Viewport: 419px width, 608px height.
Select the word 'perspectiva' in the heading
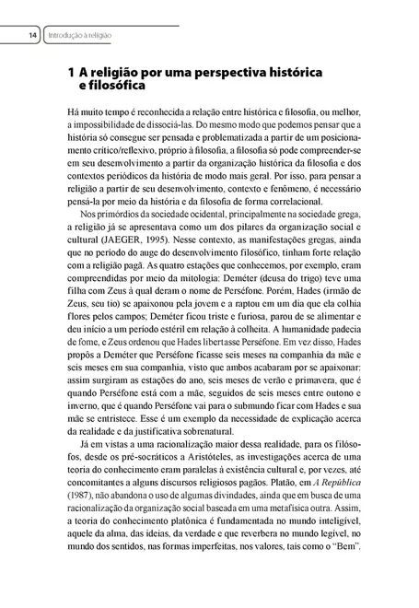(215, 71)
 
